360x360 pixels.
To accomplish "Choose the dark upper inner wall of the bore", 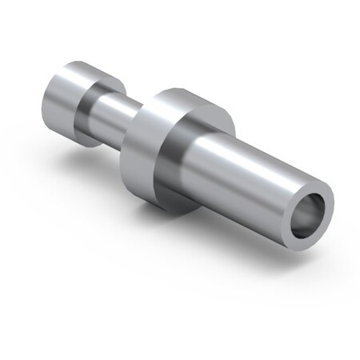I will point(308,204).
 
